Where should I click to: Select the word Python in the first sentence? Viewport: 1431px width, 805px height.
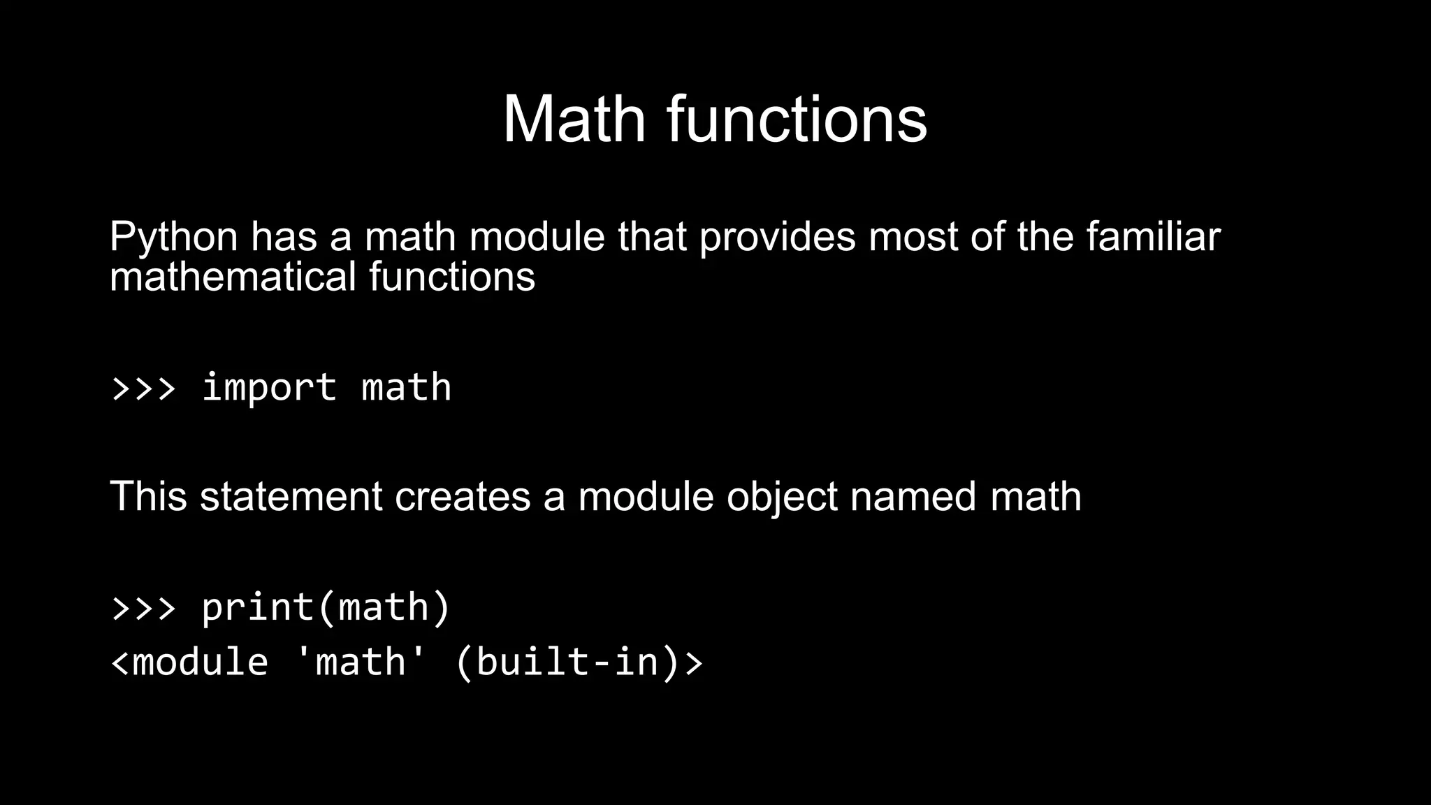pos(173,238)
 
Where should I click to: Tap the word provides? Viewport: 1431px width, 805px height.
pos(777,238)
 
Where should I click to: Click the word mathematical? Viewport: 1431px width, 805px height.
pos(233,277)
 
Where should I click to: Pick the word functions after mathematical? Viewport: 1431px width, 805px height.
pos(451,277)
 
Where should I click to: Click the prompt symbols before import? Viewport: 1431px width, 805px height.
pos(143,388)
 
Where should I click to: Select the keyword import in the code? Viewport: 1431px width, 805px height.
pos(269,388)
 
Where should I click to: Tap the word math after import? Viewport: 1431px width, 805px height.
pos(406,388)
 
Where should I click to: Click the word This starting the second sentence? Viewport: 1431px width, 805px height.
pos(148,497)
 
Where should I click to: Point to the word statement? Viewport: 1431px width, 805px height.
pos(291,497)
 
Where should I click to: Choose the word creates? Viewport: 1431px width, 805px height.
pos(462,497)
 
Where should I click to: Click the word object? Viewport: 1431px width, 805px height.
pos(781,497)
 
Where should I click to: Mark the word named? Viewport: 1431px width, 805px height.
pos(913,497)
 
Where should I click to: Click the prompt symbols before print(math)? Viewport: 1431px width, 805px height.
pos(143,607)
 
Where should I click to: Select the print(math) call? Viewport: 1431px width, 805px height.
pos(326,607)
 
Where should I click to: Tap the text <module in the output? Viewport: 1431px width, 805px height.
pos(189,662)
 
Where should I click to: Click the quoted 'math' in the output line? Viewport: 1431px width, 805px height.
pos(360,662)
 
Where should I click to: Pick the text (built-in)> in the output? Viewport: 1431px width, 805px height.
pos(579,662)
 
